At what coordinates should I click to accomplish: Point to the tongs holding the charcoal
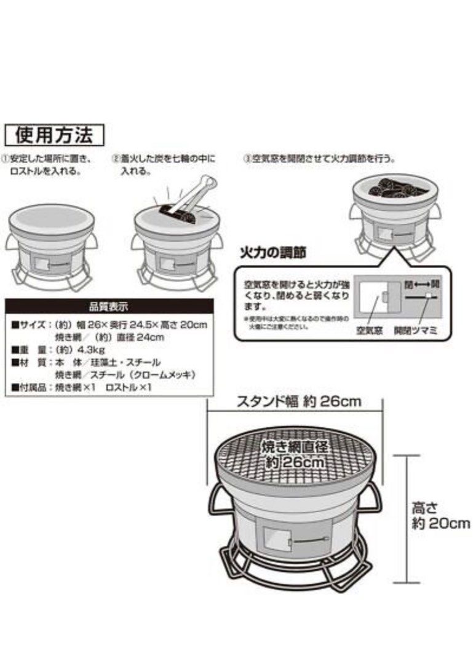[x=188, y=196]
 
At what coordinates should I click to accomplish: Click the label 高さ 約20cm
[x=440, y=516]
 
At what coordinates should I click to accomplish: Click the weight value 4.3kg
[x=90, y=350]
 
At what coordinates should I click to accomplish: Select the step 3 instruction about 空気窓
[x=319, y=159]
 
